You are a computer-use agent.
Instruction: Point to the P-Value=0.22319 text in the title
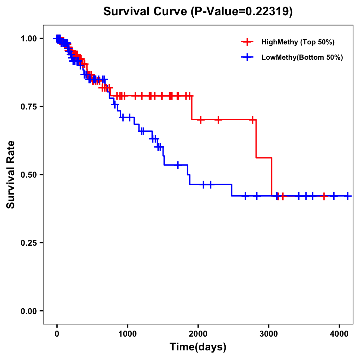pos(242,11)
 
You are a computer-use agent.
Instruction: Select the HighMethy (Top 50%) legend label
pos(298,42)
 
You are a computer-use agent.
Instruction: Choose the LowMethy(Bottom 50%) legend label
pos(302,58)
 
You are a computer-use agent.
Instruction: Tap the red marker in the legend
pos(247,42)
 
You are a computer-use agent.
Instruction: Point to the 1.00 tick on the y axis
pos(28,38)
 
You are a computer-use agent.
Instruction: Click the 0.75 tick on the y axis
pos(28,106)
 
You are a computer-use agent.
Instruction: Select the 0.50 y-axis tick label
pos(28,175)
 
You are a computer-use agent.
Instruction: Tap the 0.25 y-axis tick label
pos(28,243)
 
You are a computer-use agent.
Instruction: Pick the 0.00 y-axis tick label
pos(28,311)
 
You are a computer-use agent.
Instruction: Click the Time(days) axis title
pos(198,347)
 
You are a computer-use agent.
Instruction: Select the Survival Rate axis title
pos(11,175)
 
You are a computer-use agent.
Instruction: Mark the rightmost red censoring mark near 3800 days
pos(324,196)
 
